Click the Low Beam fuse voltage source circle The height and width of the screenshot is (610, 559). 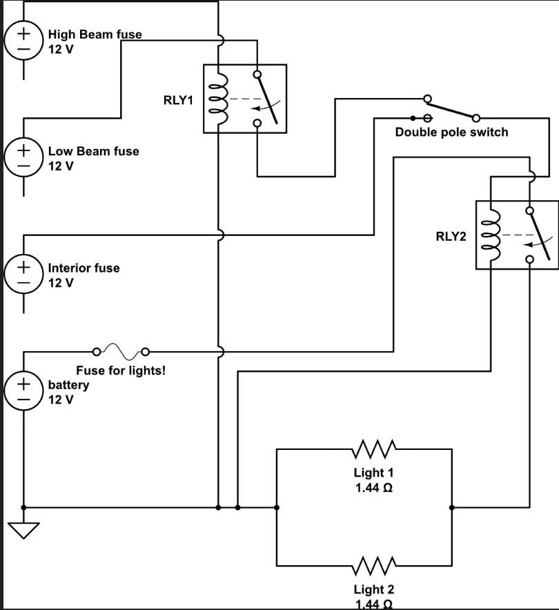[x=23, y=157]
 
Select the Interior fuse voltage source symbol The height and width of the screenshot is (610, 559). [x=23, y=274]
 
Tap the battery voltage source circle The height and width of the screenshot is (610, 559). [x=23, y=391]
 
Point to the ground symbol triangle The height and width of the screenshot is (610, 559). [x=23, y=530]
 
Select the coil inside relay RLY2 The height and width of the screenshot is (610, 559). [x=490, y=235]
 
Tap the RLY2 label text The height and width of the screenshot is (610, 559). [x=451, y=236]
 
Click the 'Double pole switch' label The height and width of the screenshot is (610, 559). [x=451, y=132]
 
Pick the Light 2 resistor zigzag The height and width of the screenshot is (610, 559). [x=374, y=566]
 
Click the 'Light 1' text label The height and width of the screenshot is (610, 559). [x=373, y=473]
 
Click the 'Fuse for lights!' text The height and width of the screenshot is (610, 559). [x=121, y=371]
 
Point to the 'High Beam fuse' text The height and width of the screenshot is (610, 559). [x=95, y=35]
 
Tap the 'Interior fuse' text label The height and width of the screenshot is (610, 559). [x=84, y=268]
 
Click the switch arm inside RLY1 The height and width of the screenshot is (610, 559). [x=268, y=99]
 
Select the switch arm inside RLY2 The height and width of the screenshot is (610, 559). [x=540, y=235]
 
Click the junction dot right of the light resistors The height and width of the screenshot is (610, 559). [x=452, y=508]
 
